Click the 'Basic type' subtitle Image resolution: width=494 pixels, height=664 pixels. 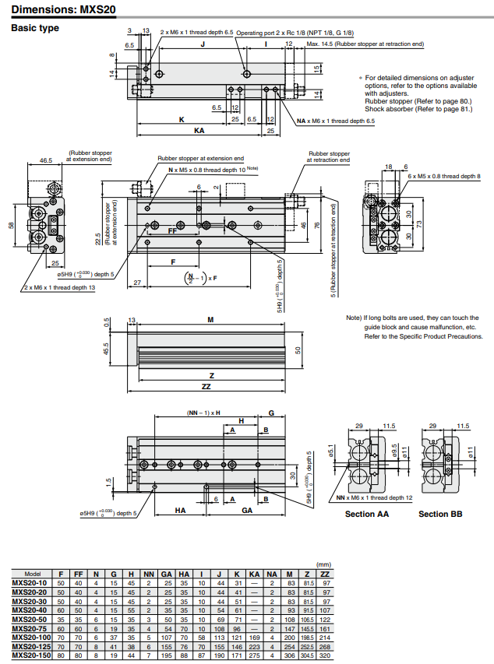coord(34,29)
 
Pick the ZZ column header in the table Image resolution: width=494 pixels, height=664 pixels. coord(325,573)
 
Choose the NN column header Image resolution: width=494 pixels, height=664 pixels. coord(149,573)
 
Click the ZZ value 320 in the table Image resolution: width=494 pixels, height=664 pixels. coord(325,655)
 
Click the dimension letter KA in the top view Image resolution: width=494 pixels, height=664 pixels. coord(199,131)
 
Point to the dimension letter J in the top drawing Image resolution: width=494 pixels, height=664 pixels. coord(202,46)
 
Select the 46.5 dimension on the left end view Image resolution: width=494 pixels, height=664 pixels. coord(45,160)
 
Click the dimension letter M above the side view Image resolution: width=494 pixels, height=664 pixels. coord(210,320)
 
